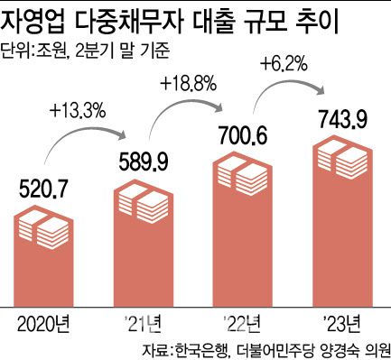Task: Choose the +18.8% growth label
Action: tap(187, 84)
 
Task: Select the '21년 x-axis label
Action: tap(146, 323)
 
